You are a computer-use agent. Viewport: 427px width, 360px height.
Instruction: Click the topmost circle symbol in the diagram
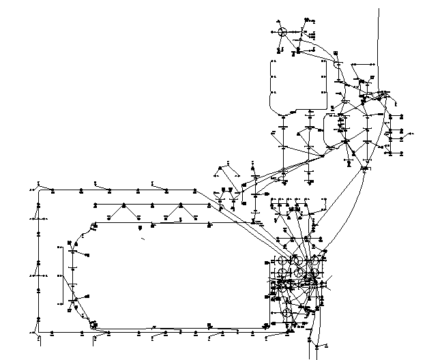[x=281, y=31]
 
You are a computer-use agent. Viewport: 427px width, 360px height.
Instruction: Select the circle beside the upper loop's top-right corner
[x=337, y=63]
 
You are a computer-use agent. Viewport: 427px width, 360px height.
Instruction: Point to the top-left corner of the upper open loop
[x=272, y=59]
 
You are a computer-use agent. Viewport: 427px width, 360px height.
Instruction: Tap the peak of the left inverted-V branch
[x=123, y=204]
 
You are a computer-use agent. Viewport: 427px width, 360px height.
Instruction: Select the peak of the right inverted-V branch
[x=179, y=204]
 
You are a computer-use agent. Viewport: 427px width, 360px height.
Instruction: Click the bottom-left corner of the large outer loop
[x=39, y=333]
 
